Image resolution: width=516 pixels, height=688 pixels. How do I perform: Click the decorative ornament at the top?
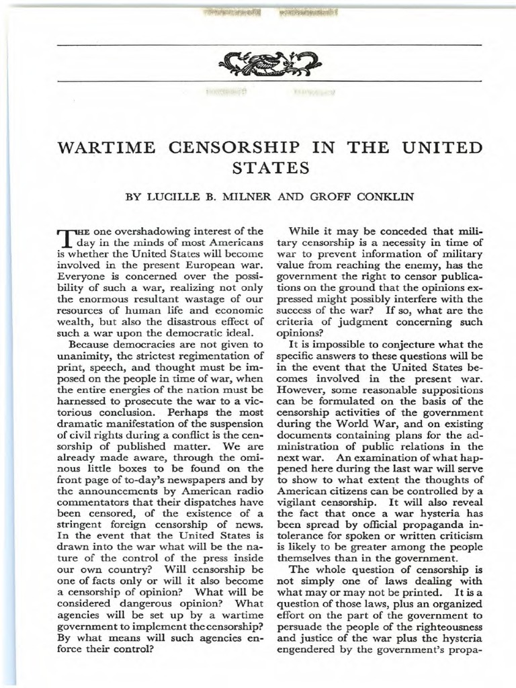(x=268, y=63)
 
